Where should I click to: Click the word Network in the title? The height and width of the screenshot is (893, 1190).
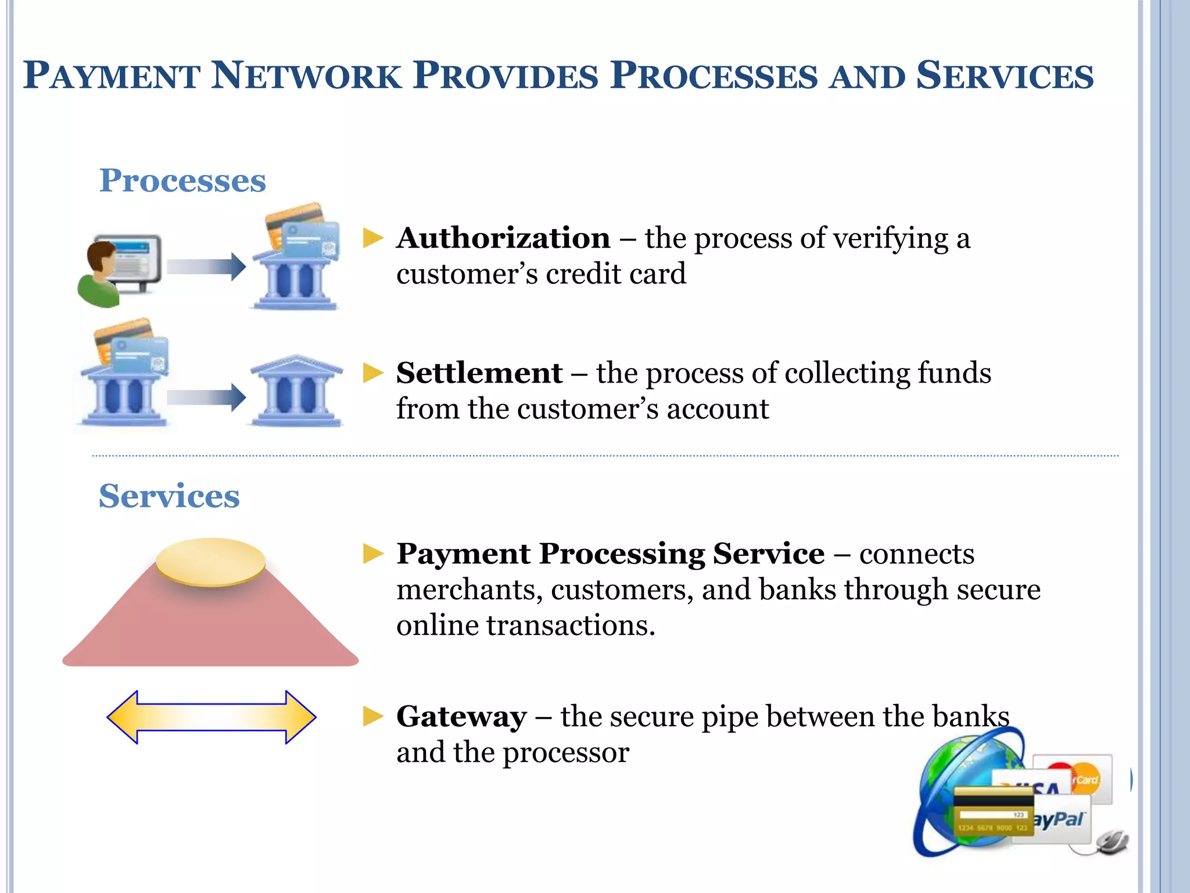tap(306, 76)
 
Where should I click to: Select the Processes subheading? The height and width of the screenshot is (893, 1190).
tap(182, 181)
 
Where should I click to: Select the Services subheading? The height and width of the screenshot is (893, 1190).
tap(169, 496)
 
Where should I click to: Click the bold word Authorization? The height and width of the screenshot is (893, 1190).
tap(503, 238)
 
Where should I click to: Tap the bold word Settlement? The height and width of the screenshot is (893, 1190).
tap(479, 373)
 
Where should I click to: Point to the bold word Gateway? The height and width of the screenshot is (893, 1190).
tap(461, 717)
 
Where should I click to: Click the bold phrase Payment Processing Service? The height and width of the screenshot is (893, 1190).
tap(610, 553)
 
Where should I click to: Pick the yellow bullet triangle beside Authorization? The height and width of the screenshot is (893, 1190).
tap(373, 238)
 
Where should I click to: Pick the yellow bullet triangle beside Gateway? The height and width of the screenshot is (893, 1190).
tap(373, 716)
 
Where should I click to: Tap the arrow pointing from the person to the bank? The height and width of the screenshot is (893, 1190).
tap(206, 267)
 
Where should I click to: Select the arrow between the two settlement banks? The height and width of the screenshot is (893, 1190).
tap(206, 397)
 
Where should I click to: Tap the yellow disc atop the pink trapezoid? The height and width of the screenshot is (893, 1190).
tap(210, 562)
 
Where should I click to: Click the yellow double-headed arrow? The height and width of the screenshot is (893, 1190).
tap(212, 717)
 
